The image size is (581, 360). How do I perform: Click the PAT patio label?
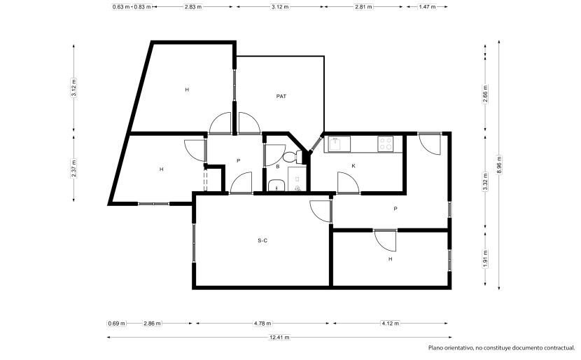coord(281,97)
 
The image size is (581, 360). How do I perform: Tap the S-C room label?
coord(262,241)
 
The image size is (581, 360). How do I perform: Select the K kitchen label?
coord(353,166)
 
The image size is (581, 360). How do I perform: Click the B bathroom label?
coord(277,167)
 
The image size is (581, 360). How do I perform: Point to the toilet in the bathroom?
coord(293,157)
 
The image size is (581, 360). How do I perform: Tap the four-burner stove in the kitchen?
coord(386,144)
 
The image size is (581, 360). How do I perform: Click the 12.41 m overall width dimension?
coord(279,338)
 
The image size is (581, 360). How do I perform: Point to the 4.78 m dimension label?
coord(262,324)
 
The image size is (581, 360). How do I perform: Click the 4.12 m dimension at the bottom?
coord(390,324)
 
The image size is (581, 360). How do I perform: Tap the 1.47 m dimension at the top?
coord(427,7)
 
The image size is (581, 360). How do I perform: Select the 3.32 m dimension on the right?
coord(485,181)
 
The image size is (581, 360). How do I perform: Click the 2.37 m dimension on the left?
coord(73,168)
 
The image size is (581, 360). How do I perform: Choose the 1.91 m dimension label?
coord(485,258)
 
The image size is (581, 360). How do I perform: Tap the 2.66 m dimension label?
coord(485,94)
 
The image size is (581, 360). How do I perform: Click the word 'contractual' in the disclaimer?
coord(559,348)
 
